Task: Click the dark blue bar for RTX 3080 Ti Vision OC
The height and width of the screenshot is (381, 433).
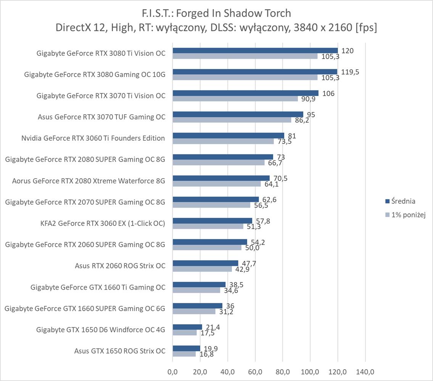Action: point(255,51)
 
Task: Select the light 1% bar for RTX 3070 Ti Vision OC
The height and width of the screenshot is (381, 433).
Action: point(235,99)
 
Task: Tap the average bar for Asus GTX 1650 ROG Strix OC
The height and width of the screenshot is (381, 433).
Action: point(186,348)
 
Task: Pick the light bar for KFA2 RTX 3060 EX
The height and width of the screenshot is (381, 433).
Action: point(208,226)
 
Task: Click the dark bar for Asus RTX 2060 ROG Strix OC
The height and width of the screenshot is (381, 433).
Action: point(205,263)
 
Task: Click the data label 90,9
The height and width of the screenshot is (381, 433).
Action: point(308,99)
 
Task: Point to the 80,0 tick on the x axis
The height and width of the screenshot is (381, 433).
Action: point(283,371)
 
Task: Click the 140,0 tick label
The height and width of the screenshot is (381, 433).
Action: point(365,371)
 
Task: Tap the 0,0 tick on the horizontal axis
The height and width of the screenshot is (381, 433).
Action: point(173,371)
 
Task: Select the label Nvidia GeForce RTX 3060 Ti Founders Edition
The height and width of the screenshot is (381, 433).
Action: point(93,138)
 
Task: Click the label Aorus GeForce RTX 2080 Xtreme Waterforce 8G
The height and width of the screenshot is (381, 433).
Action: point(89,181)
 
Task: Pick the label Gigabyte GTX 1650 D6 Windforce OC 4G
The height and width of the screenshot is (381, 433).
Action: point(101,330)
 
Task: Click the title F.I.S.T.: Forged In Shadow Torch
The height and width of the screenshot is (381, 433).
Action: point(216,13)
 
